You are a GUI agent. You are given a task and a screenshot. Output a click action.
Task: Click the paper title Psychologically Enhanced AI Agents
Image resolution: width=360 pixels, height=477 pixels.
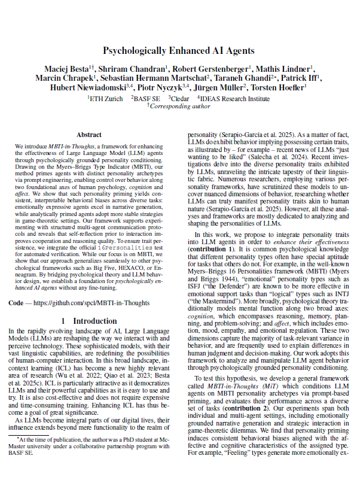coord(179,51)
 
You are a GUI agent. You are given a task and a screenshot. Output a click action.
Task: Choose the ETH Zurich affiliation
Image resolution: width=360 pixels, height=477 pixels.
coord(105,98)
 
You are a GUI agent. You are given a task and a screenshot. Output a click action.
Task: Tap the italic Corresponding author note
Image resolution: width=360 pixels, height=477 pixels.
coord(180,106)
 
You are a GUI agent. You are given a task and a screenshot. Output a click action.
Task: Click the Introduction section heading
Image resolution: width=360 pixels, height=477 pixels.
coord(89,321)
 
